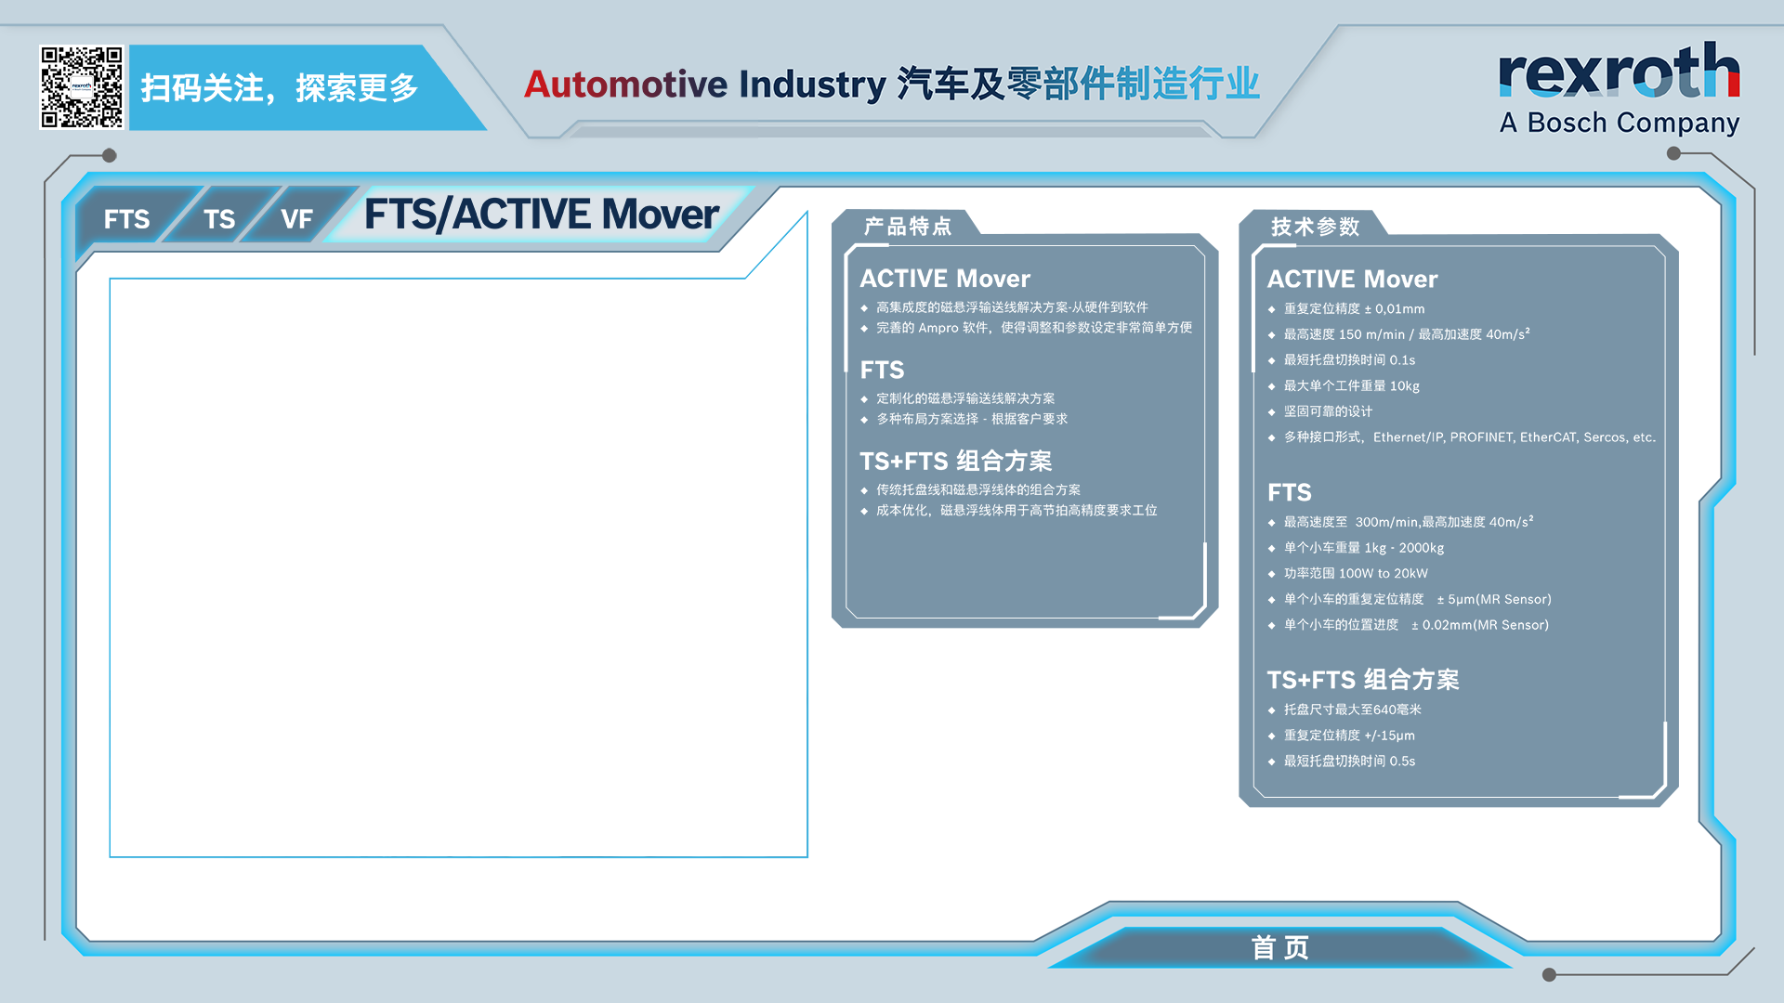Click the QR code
tap(82, 87)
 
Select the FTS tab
tap(126, 219)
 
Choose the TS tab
tap(219, 219)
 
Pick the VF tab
tap(296, 219)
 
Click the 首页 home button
tap(1280, 947)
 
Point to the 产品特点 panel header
tap(908, 227)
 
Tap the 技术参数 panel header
tap(1315, 227)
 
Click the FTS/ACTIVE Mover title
tap(541, 215)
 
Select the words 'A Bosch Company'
tap(1620, 123)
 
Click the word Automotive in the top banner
tap(626, 84)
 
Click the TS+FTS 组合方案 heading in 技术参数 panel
tap(1363, 680)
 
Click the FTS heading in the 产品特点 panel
tap(882, 371)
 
